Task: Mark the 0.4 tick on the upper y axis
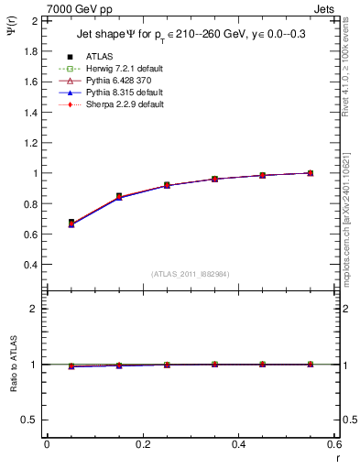(30, 265)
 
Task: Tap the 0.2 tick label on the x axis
(143, 443)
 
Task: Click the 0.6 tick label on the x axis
(334, 443)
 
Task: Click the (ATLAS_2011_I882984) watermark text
(190, 273)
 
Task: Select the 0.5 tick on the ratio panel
(30, 420)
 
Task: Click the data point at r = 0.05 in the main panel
(71, 223)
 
